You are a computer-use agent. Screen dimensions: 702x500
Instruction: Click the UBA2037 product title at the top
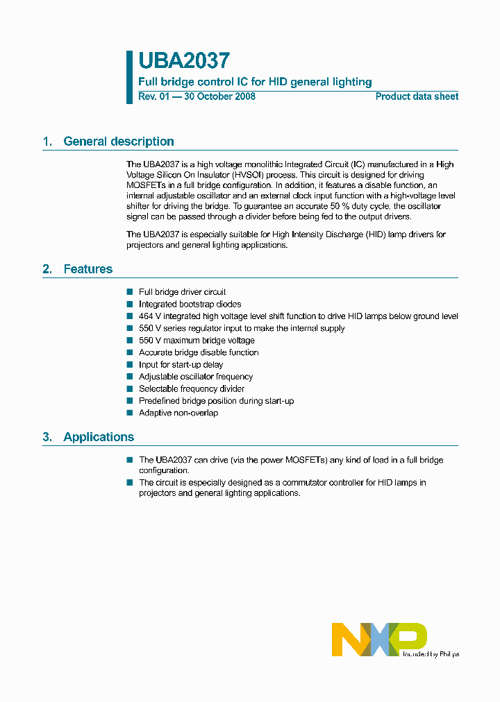pyautogui.click(x=184, y=62)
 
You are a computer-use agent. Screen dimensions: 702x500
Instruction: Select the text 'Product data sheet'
pyautogui.click(x=417, y=97)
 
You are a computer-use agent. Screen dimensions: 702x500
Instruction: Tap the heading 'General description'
pyautogui.click(x=119, y=142)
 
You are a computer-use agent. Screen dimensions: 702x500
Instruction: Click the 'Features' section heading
pyautogui.click(x=87, y=269)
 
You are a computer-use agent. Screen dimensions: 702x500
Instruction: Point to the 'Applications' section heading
pyautogui.click(x=99, y=437)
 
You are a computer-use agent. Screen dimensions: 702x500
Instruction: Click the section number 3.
pyautogui.click(x=47, y=437)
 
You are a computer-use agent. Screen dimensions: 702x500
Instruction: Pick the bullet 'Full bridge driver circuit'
pyautogui.click(x=182, y=292)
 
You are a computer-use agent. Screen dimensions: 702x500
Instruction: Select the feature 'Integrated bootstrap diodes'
pyautogui.click(x=190, y=304)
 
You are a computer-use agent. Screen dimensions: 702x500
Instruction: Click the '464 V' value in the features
pyautogui.click(x=150, y=316)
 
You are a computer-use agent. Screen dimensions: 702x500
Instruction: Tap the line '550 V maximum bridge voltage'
pyautogui.click(x=197, y=341)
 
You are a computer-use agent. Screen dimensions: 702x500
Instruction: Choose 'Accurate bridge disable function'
pyautogui.click(x=199, y=352)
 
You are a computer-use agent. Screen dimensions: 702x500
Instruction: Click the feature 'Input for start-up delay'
pyautogui.click(x=181, y=365)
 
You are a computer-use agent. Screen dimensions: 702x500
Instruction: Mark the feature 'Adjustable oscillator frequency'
pyautogui.click(x=196, y=377)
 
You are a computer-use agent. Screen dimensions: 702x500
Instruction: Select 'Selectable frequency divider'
pyautogui.click(x=192, y=389)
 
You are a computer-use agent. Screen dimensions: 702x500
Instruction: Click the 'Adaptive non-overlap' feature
pyautogui.click(x=178, y=413)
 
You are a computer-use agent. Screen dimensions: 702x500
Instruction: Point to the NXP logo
pyautogui.click(x=379, y=639)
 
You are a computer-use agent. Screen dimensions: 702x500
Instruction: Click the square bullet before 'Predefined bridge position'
pyautogui.click(x=129, y=401)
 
